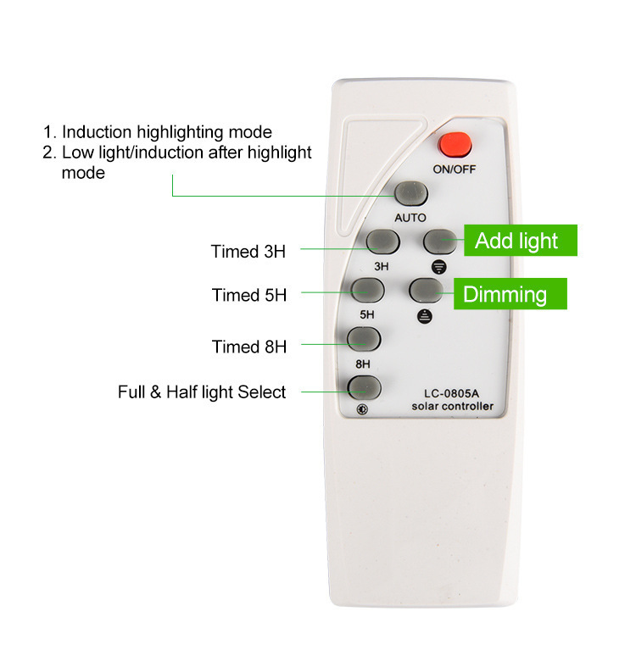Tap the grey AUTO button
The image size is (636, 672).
pyautogui.click(x=411, y=194)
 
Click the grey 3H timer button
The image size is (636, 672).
pyautogui.click(x=383, y=242)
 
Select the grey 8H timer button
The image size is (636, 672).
pyautogui.click(x=364, y=339)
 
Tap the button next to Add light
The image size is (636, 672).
pyautogui.click(x=440, y=242)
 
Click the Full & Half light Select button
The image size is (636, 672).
pyautogui.click(x=364, y=387)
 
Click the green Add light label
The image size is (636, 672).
pyautogui.click(x=521, y=241)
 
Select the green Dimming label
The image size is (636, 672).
pyautogui.click(x=510, y=294)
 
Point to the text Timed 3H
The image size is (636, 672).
pyautogui.click(x=248, y=252)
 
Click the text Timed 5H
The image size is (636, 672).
pyautogui.click(x=249, y=295)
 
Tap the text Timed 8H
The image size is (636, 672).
pyautogui.click(x=249, y=347)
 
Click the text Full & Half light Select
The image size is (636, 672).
pyautogui.click(x=202, y=392)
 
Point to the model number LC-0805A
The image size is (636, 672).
pyautogui.click(x=452, y=393)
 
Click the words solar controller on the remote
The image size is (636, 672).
pyautogui.click(x=453, y=406)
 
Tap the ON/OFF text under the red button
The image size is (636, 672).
pyautogui.click(x=455, y=169)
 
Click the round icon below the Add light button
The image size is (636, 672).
pyautogui.click(x=438, y=267)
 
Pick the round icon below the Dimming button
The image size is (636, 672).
pyautogui.click(x=425, y=316)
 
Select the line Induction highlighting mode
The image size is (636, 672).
pyautogui.click(x=158, y=132)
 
